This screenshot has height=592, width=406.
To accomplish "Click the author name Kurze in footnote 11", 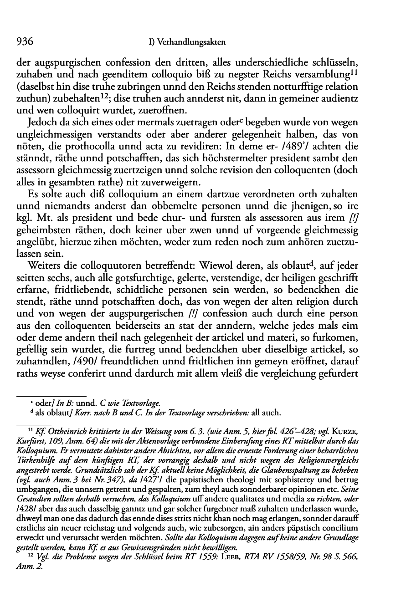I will [x=366, y=431].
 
